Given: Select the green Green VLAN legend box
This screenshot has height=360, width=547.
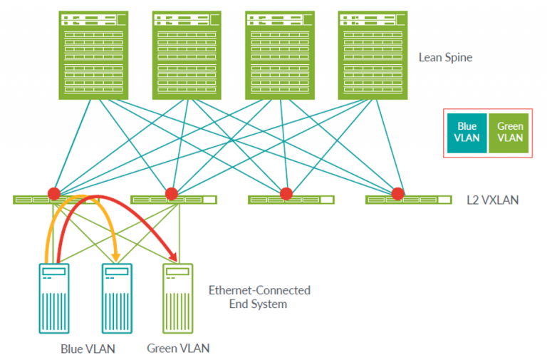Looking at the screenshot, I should coord(511,133).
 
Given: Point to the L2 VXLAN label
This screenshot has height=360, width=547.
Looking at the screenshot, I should coord(492,200).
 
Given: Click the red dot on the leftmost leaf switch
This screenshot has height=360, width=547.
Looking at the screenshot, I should coord(53,193).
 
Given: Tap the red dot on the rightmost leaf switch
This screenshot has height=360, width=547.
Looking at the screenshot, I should coord(397,193).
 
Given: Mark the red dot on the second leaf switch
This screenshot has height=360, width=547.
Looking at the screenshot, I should coord(171,193).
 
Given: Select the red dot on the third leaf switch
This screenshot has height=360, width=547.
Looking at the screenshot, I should coord(286,193).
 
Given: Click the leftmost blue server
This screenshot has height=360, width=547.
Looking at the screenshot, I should coord(53,298).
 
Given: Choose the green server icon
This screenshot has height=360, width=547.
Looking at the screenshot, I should coord(178,298).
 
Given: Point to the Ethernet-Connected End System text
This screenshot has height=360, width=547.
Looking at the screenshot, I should coord(259,297).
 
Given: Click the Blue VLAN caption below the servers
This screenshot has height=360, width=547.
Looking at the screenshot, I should coord(88,349).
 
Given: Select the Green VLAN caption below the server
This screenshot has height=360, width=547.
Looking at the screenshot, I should coord(178,349).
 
